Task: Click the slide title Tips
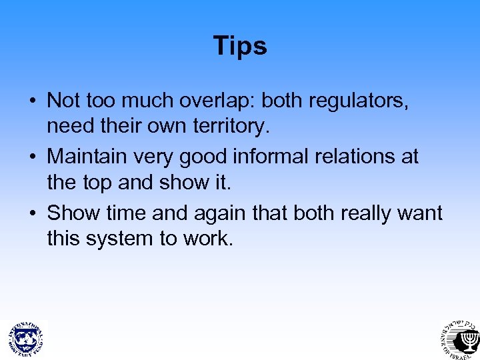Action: click(x=240, y=46)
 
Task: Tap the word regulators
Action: click(x=358, y=101)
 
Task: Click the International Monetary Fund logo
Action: click(x=25, y=337)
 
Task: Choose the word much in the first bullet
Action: click(x=147, y=101)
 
